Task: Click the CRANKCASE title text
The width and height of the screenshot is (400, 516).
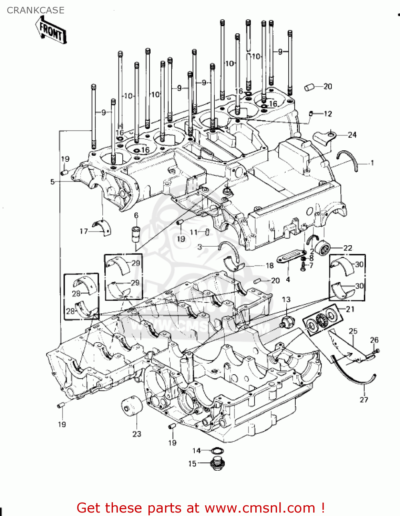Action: [x=35, y=10]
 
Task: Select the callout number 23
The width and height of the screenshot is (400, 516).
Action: [x=137, y=434]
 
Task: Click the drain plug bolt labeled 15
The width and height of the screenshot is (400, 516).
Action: [x=217, y=464]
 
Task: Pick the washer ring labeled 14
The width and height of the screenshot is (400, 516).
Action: [x=217, y=451]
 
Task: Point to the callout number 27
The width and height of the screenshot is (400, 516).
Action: [x=364, y=399]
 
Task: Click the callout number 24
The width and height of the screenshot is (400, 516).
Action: [x=352, y=135]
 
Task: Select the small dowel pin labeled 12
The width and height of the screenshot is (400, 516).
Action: [x=311, y=113]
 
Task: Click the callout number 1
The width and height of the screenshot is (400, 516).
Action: [x=372, y=163]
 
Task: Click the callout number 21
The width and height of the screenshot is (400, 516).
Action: [x=350, y=309]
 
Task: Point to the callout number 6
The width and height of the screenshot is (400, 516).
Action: [x=136, y=215]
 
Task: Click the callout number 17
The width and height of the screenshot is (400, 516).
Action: [x=84, y=231]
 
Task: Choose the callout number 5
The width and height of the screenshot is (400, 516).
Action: [x=52, y=182]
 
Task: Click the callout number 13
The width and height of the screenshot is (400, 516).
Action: [x=286, y=300]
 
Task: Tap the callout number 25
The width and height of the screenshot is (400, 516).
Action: [x=353, y=331]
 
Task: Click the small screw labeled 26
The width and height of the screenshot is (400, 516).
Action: [x=377, y=351]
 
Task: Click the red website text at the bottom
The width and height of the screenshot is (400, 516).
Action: [x=201, y=508]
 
